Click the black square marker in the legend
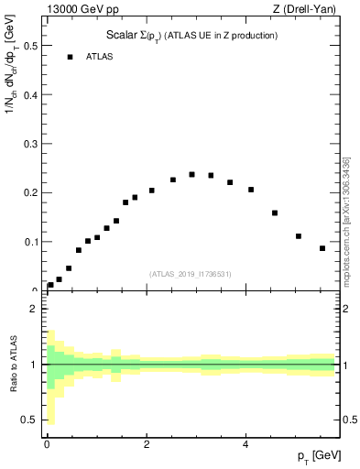(x=70, y=57)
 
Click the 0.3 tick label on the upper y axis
(x=29, y=143)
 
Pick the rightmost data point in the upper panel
(x=322, y=248)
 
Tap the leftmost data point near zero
(x=50, y=285)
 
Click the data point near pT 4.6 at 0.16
(x=275, y=213)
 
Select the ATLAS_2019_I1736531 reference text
(x=191, y=274)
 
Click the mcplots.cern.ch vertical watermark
(x=345, y=220)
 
